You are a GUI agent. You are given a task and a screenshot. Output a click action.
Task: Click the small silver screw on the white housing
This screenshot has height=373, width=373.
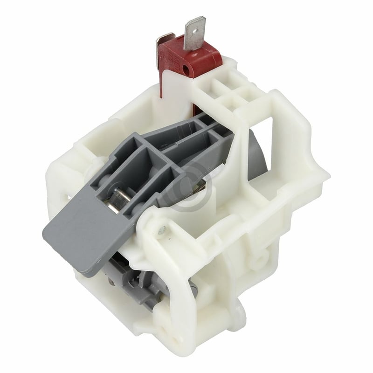[x=162, y=229]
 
